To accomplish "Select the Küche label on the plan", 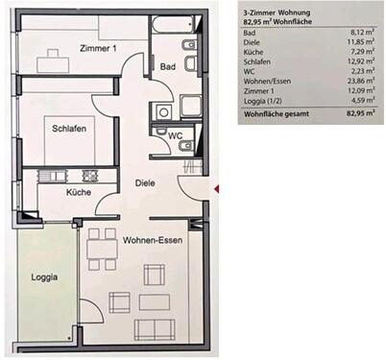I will click(x=79, y=193).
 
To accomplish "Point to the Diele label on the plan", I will click(x=144, y=182).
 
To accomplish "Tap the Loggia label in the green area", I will click(x=44, y=277).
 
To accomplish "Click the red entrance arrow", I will click(x=219, y=188).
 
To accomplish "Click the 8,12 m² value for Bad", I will click(x=359, y=34).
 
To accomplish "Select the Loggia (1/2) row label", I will click(x=264, y=101).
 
